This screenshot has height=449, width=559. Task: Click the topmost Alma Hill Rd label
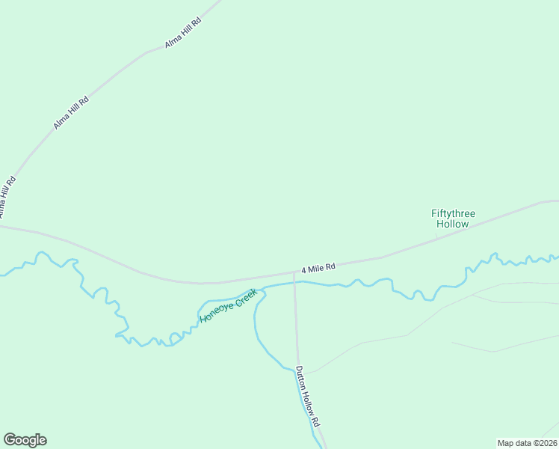[184, 34]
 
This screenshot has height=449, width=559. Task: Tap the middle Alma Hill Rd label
[71, 112]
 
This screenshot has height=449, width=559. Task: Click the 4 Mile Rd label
[318, 267]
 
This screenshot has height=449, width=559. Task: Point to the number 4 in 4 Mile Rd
[304, 269]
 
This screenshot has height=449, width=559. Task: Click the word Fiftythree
[453, 213]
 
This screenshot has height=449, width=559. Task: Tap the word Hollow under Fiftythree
[453, 224]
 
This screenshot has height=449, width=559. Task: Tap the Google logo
[25, 440]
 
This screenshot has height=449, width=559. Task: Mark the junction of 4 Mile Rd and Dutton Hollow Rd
[294, 272]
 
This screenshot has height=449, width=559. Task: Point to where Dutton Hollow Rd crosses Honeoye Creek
[294, 283]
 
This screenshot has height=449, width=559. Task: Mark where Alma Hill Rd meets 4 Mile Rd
[3, 224]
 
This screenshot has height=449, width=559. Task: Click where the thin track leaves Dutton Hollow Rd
[299, 372]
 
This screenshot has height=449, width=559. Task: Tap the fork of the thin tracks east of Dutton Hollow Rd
[473, 295]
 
